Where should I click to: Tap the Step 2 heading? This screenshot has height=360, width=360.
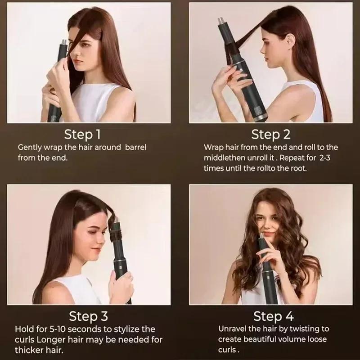coord(271,134)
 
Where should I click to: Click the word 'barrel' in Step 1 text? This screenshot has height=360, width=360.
coord(134,148)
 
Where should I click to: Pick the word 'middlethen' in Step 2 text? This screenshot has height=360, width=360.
coord(225,158)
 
